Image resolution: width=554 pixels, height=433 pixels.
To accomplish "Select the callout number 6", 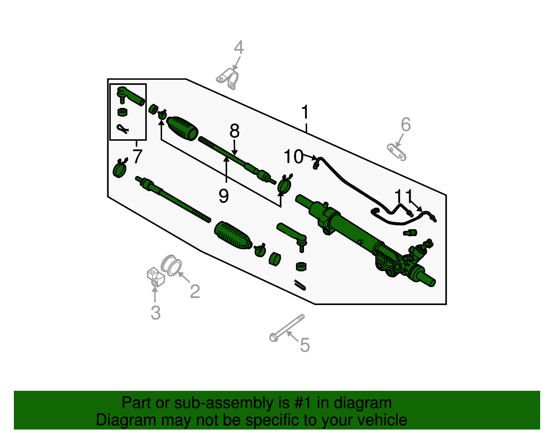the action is coord(405,125).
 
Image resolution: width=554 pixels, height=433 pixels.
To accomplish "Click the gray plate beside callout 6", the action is coord(396,152).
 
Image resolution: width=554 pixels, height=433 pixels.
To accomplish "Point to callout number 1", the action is coord(305,112).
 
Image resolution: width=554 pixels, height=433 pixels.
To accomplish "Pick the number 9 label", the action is coord(224,196).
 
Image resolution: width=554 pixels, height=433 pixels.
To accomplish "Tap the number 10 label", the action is coord(293,157).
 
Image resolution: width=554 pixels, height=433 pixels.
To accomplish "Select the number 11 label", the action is coord(403,197).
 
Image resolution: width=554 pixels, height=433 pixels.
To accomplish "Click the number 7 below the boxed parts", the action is coord(137,156).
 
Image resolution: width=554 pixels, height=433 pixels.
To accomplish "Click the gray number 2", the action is coord(195,292).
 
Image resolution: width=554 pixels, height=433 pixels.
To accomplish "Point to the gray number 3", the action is coord(155,313).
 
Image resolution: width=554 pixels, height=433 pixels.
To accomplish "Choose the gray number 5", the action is coord(305,345).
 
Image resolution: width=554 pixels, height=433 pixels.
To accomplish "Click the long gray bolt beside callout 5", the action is coord(287,327).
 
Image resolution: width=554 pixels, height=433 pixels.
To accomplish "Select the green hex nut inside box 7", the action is coord(122,112).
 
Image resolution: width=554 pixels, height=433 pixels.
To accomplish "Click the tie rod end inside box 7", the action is coord(131,96).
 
